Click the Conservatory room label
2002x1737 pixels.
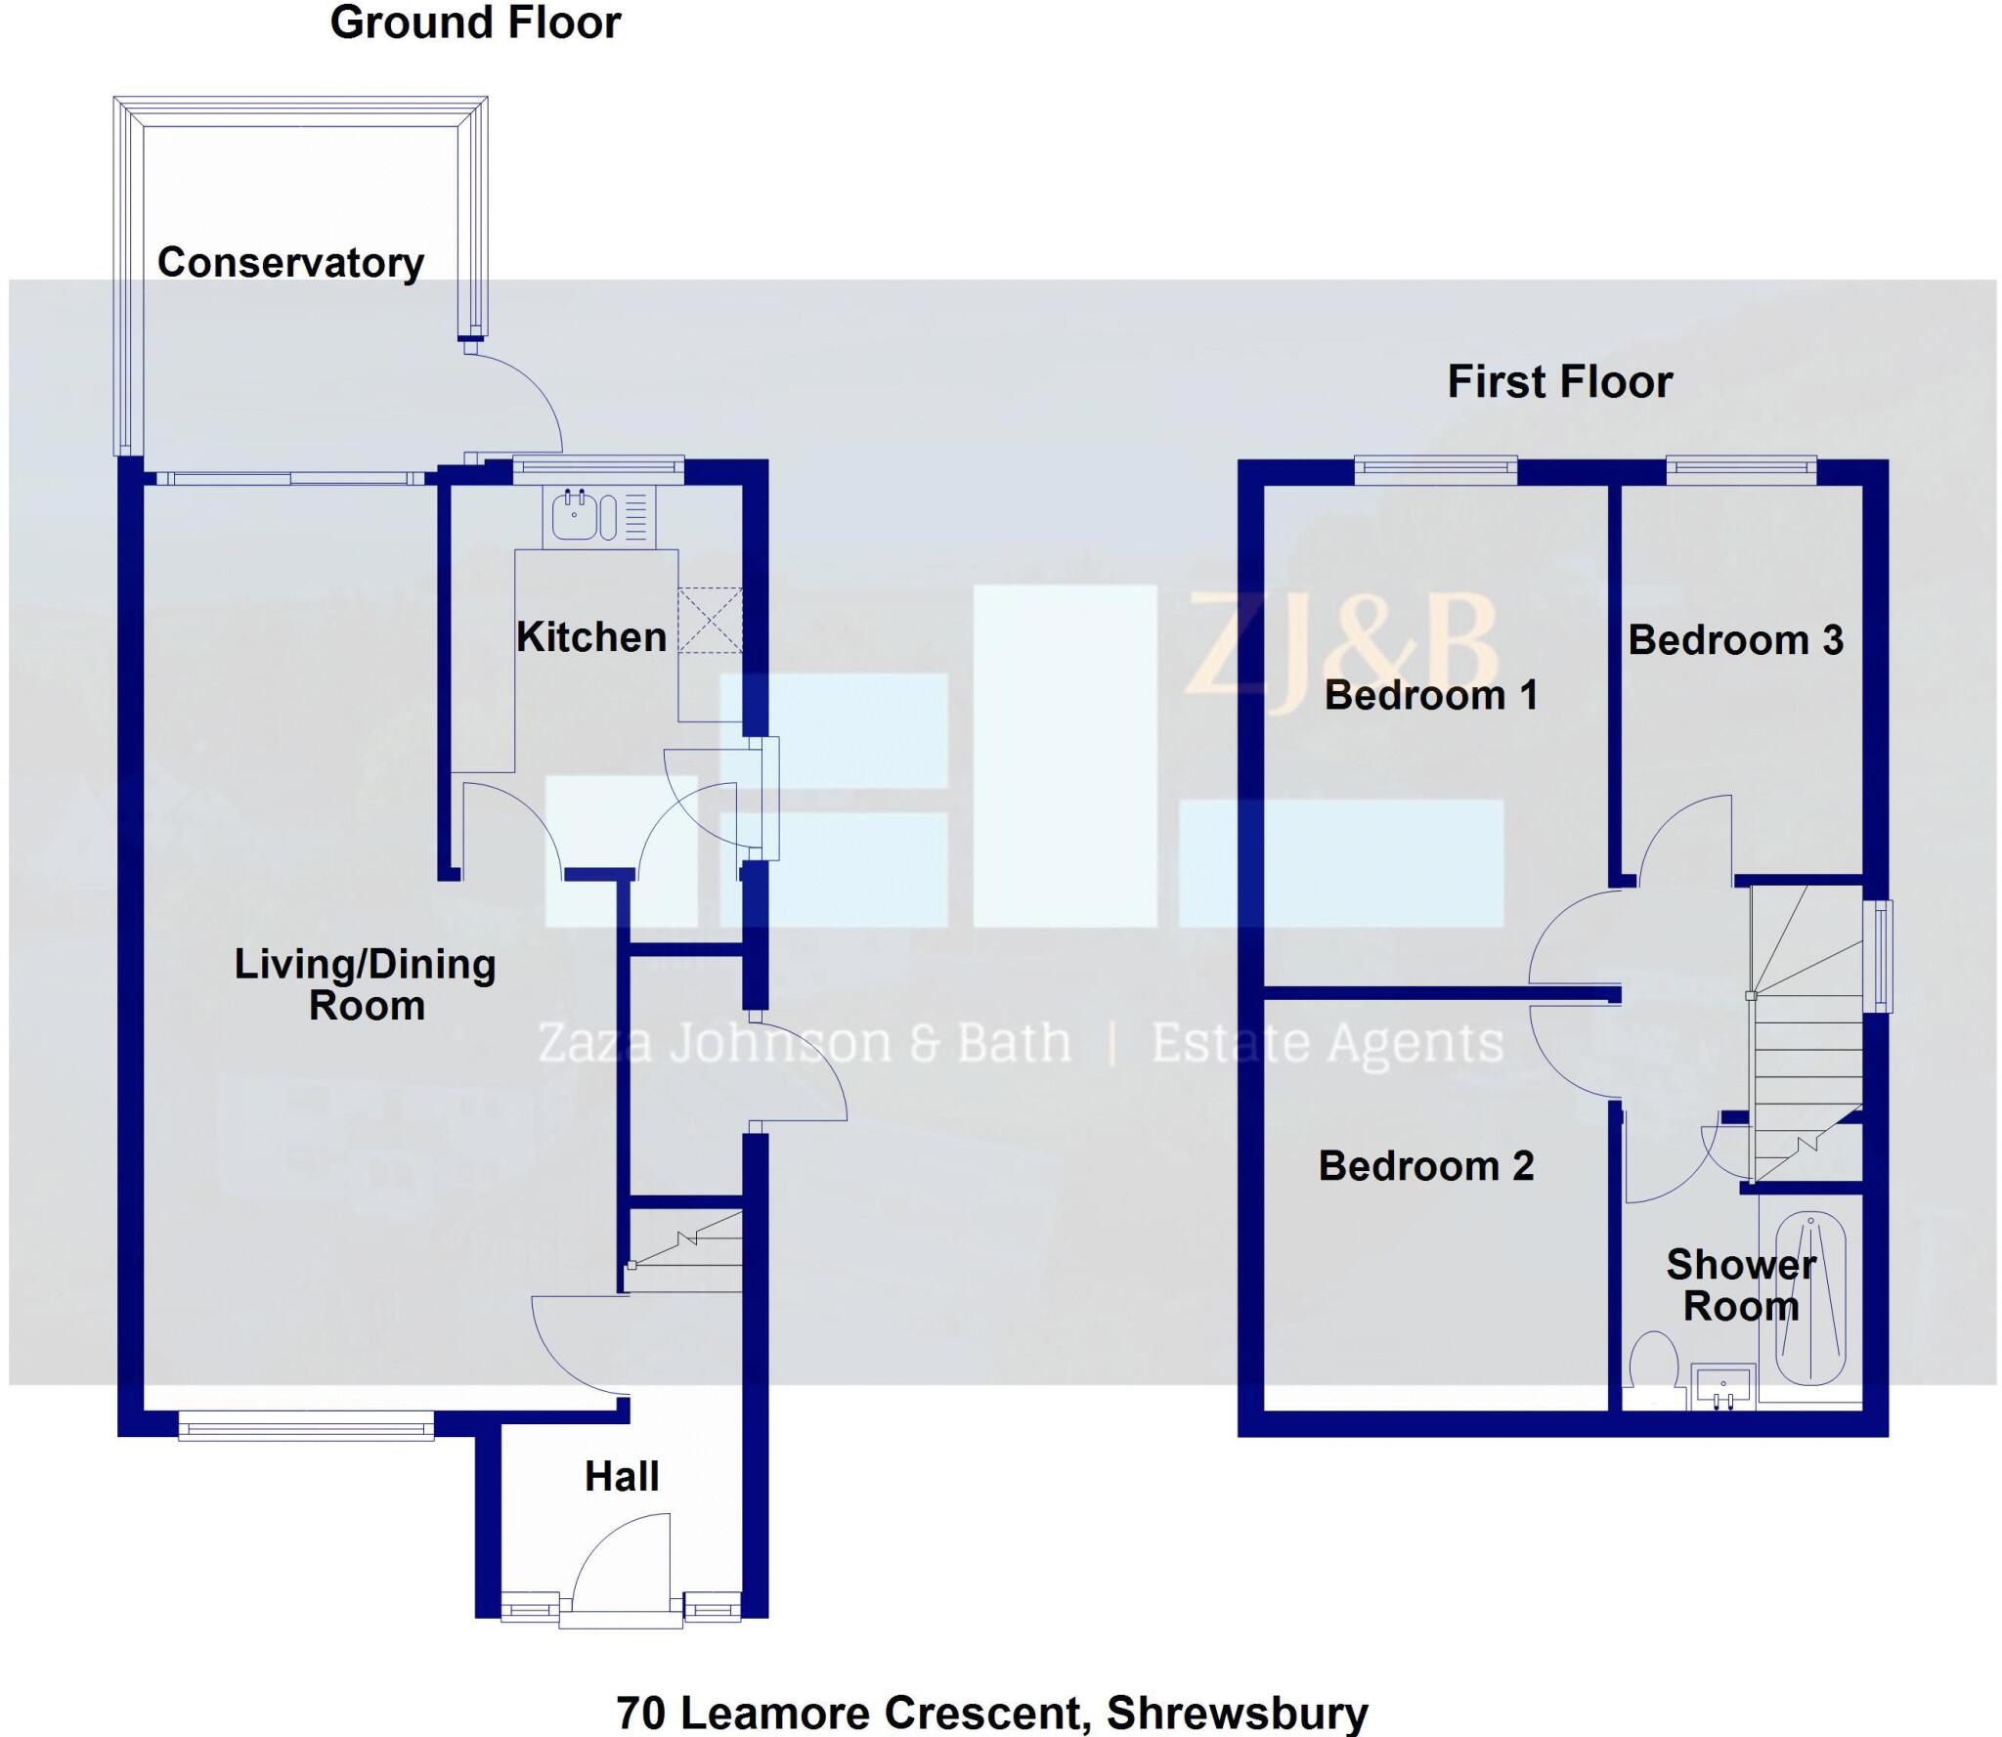click(x=290, y=262)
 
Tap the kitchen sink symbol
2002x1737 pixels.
click(x=576, y=515)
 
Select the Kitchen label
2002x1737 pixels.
click(x=590, y=637)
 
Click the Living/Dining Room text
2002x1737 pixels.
click(x=365, y=984)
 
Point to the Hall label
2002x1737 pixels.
click(x=622, y=1476)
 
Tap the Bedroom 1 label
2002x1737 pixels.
click(x=1431, y=695)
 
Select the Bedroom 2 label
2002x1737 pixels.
click(x=1425, y=1165)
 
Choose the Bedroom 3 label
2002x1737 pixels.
click(x=1735, y=640)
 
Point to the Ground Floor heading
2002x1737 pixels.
click(x=475, y=22)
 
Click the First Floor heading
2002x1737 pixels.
click(x=1559, y=381)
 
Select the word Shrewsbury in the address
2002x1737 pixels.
click(x=1237, y=1713)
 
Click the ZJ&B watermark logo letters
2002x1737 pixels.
click(x=1341, y=645)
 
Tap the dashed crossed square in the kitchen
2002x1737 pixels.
click(x=710, y=620)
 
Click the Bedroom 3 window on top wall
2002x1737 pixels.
click(x=1741, y=470)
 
